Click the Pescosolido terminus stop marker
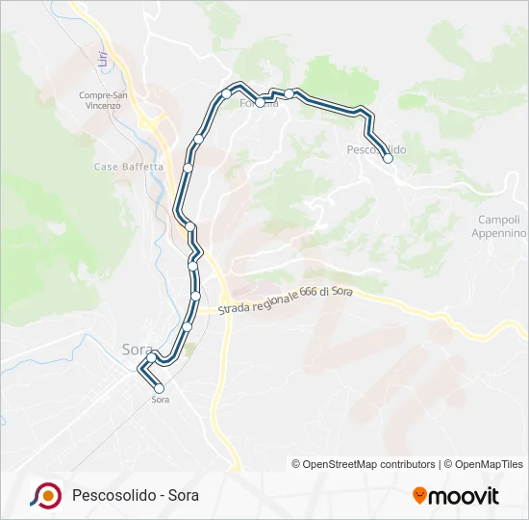coord(389,159)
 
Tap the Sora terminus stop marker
coord(160,388)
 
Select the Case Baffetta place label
coord(129,167)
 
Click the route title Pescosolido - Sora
coord(136,496)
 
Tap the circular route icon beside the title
coord(46,495)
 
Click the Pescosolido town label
coord(376,149)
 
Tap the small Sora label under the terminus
coord(161,400)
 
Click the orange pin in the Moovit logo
coord(419,496)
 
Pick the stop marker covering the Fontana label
coord(260,102)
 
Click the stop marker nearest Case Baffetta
coord(189,168)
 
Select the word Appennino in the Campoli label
coord(501,233)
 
